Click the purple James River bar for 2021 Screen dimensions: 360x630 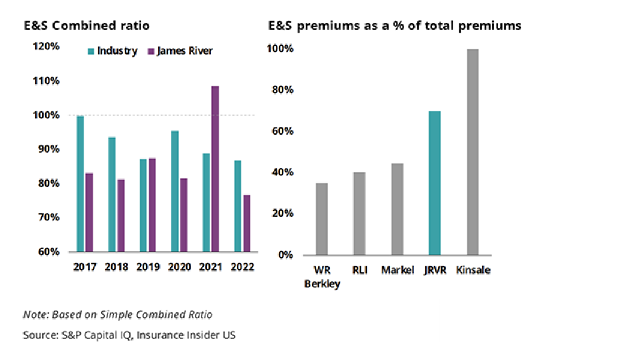(x=215, y=169)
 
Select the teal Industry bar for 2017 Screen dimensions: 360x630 (x=80, y=184)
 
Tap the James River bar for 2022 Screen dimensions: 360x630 (x=247, y=223)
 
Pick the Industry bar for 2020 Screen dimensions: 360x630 (x=175, y=191)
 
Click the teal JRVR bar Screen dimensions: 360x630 (x=435, y=183)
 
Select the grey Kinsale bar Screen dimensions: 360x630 (x=472, y=152)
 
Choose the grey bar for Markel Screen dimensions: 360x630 (x=397, y=209)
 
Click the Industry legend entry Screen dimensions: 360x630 (x=112, y=52)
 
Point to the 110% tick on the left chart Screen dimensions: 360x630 (x=46, y=80)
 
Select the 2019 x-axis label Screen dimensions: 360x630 (x=148, y=266)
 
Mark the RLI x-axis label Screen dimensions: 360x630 (x=360, y=269)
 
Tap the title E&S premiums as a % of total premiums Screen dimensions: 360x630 (x=395, y=25)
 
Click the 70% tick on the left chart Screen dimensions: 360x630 (x=49, y=217)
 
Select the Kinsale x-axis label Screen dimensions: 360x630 (x=472, y=269)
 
